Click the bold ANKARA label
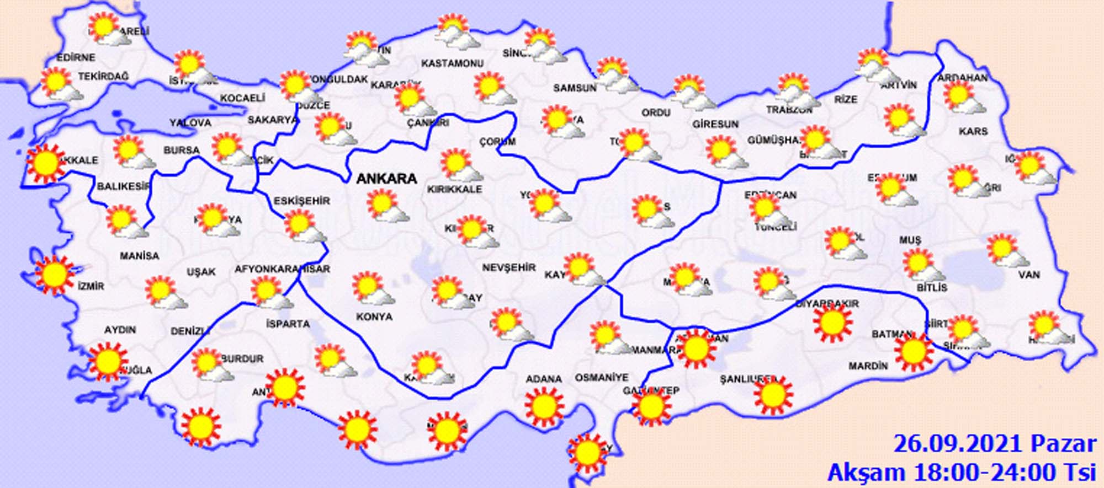[386, 179]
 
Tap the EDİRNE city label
[76, 57]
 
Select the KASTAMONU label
[452, 64]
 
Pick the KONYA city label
[374, 317]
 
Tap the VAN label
[1029, 275]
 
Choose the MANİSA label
[139, 256]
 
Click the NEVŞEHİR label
[509, 267]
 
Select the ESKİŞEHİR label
[302, 201]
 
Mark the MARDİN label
[868, 366]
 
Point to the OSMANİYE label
[602, 378]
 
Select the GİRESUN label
[715, 125]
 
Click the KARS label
[973, 131]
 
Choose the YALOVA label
[190, 122]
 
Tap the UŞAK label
[201, 272]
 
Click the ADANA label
[544, 379]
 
